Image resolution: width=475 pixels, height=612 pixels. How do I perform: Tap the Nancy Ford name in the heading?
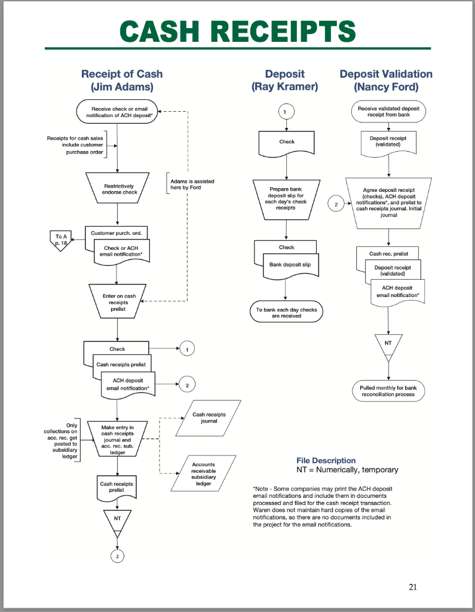pos(385,87)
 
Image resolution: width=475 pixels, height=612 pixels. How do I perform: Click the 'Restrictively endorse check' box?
pos(118,189)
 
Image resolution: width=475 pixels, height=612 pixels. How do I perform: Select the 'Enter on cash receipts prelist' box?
pos(118,302)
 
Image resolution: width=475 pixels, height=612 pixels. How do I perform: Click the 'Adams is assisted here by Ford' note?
pos(192,184)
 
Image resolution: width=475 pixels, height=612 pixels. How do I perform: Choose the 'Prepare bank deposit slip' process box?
pos(286,198)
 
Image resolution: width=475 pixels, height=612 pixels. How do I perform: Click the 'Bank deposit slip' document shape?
pos(289,265)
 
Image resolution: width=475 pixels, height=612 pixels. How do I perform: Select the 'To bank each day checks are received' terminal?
pos(286,313)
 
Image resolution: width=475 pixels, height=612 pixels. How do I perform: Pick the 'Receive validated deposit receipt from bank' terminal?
pos(388,111)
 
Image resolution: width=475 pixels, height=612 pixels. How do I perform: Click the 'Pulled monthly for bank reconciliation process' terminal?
pos(388,391)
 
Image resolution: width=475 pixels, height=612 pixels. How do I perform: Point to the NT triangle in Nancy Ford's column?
pos(388,347)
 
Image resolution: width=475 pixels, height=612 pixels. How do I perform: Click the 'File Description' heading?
pos(326,460)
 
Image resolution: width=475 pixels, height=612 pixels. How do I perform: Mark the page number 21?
pos(413,586)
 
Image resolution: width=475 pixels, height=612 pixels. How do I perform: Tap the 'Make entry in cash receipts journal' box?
pos(118,440)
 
